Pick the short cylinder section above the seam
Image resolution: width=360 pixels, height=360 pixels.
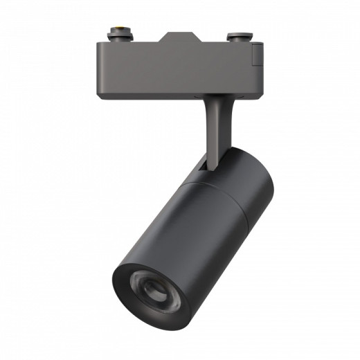coord(239,173)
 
